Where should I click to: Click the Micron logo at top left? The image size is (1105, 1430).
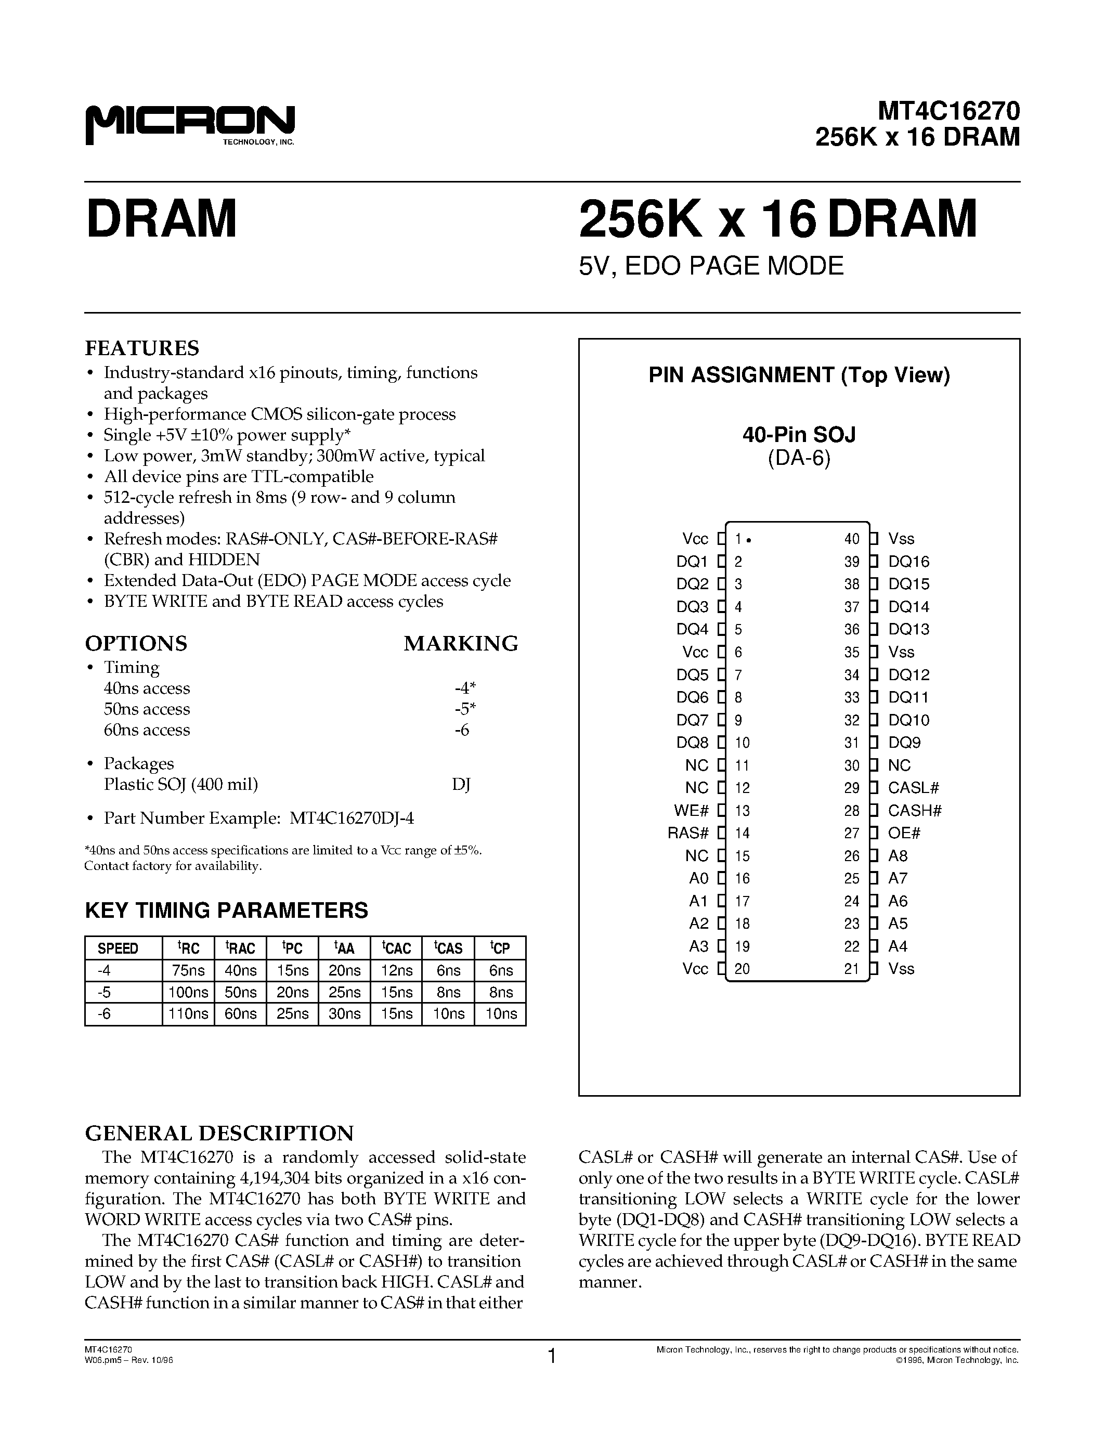(x=190, y=124)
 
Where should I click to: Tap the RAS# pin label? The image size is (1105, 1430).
(x=688, y=833)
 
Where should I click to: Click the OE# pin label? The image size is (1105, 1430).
(x=904, y=833)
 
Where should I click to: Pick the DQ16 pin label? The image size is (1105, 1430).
(x=908, y=562)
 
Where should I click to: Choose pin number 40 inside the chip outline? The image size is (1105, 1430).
(x=852, y=539)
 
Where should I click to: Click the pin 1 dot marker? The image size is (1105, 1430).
(x=748, y=540)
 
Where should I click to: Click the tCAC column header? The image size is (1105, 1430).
(x=397, y=948)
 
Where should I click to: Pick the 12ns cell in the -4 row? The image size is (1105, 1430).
(x=397, y=970)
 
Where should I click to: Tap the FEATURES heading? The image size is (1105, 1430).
(x=142, y=348)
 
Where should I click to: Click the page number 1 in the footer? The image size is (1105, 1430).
(x=552, y=1356)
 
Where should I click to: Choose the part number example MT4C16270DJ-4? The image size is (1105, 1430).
(x=352, y=818)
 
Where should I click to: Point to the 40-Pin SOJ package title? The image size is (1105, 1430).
(x=799, y=434)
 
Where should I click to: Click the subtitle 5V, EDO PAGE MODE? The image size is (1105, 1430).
(x=711, y=266)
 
